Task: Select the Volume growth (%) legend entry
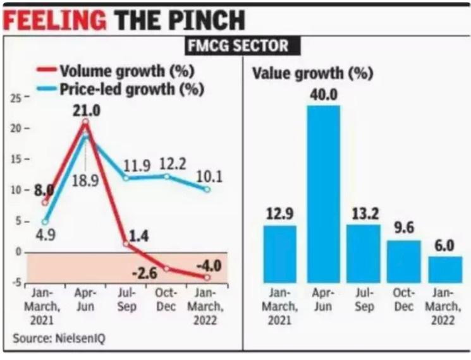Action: click(x=126, y=69)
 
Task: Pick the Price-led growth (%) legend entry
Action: click(x=131, y=89)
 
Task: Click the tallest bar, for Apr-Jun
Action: click(x=323, y=193)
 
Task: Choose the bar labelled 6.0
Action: click(x=445, y=269)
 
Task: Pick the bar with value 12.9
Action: click(x=279, y=253)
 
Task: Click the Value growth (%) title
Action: click(x=312, y=73)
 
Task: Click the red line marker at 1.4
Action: click(x=126, y=244)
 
